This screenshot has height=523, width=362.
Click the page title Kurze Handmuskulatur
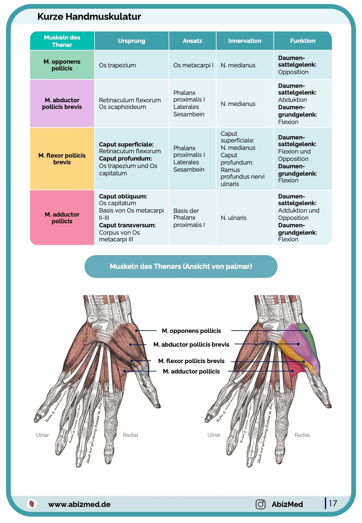tap(89, 16)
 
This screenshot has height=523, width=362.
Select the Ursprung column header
tap(131, 41)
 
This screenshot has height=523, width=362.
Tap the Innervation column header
tap(245, 41)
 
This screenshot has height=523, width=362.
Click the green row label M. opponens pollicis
tap(62, 65)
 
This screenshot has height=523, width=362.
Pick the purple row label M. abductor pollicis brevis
tap(62, 104)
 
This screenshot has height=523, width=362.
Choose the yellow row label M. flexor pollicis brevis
tap(62, 159)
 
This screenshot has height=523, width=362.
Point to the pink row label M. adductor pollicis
tap(62, 218)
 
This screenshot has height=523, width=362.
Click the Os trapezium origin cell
tap(117, 65)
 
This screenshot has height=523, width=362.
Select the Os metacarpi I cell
tap(193, 65)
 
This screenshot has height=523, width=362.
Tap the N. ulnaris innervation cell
tap(233, 218)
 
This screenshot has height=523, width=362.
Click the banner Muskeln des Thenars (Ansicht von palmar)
tap(181, 267)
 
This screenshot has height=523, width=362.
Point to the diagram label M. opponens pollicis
tap(191, 331)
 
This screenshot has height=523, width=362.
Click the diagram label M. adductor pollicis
tap(191, 371)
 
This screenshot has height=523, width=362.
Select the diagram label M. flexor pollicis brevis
tap(191, 361)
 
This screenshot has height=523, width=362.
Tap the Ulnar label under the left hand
tap(42, 435)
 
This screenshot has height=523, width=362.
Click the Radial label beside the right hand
tap(302, 435)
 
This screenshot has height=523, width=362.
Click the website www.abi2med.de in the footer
tap(79, 504)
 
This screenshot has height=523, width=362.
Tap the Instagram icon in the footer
tap(260, 504)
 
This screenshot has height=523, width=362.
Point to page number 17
tap(333, 503)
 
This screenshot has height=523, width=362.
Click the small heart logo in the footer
tap(32, 504)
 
